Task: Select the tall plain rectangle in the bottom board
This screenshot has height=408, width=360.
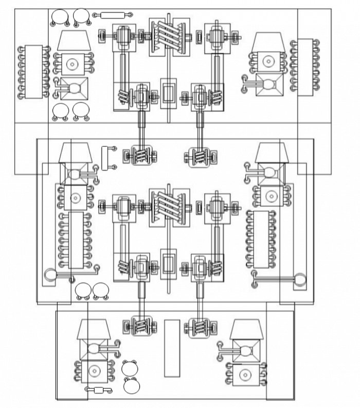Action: (172, 348)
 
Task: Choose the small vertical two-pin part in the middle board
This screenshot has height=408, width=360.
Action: (107, 157)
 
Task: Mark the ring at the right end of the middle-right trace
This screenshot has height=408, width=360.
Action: (300, 280)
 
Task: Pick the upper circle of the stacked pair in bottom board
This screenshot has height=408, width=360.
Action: (130, 367)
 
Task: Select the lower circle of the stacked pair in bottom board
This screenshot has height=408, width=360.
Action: (131, 385)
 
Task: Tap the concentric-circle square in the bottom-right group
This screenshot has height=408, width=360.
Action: (246, 374)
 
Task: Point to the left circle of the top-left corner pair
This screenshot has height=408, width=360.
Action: (60, 17)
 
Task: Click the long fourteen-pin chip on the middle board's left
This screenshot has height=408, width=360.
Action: (76, 239)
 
